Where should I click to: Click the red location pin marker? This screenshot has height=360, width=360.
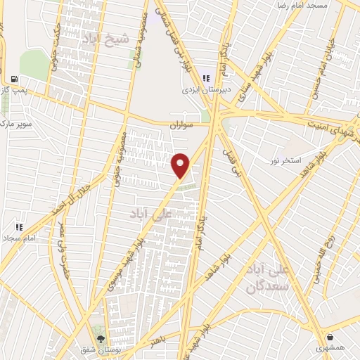[x=181, y=165]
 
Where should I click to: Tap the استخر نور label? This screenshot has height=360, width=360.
[x=286, y=161]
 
